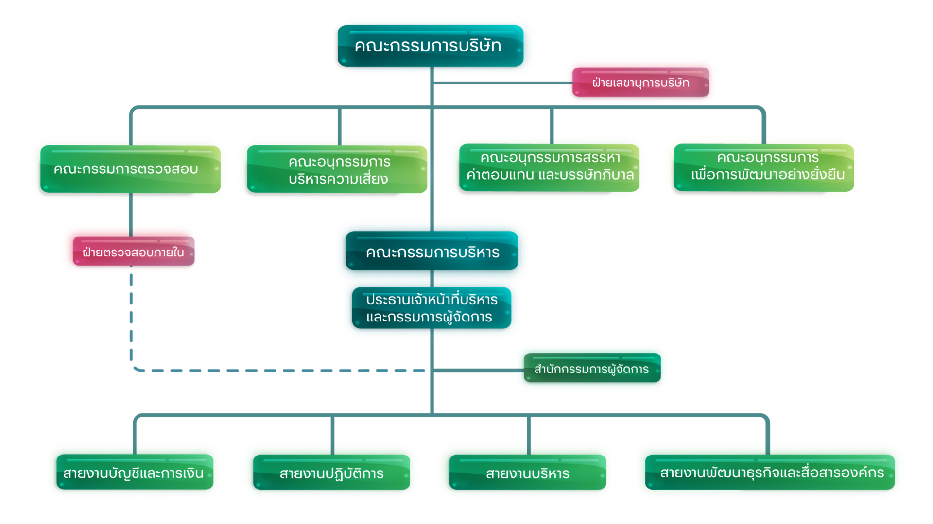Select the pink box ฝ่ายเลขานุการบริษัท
[x=640, y=83]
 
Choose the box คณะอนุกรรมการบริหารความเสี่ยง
[x=338, y=170]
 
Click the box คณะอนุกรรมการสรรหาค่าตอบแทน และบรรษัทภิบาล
[x=550, y=167]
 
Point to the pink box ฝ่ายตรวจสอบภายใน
[x=132, y=252]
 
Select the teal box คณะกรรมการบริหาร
[x=432, y=253]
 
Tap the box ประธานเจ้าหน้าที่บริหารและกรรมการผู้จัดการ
[x=431, y=308]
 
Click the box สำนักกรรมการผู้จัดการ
[x=591, y=369]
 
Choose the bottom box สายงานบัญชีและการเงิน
[x=133, y=473]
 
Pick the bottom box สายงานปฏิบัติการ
[x=332, y=473]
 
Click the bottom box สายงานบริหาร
[x=528, y=473]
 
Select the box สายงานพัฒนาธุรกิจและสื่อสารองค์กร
[x=772, y=473]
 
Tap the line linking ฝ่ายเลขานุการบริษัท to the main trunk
[x=501, y=83]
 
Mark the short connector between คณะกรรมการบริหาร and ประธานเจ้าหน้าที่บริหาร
[x=432, y=279]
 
